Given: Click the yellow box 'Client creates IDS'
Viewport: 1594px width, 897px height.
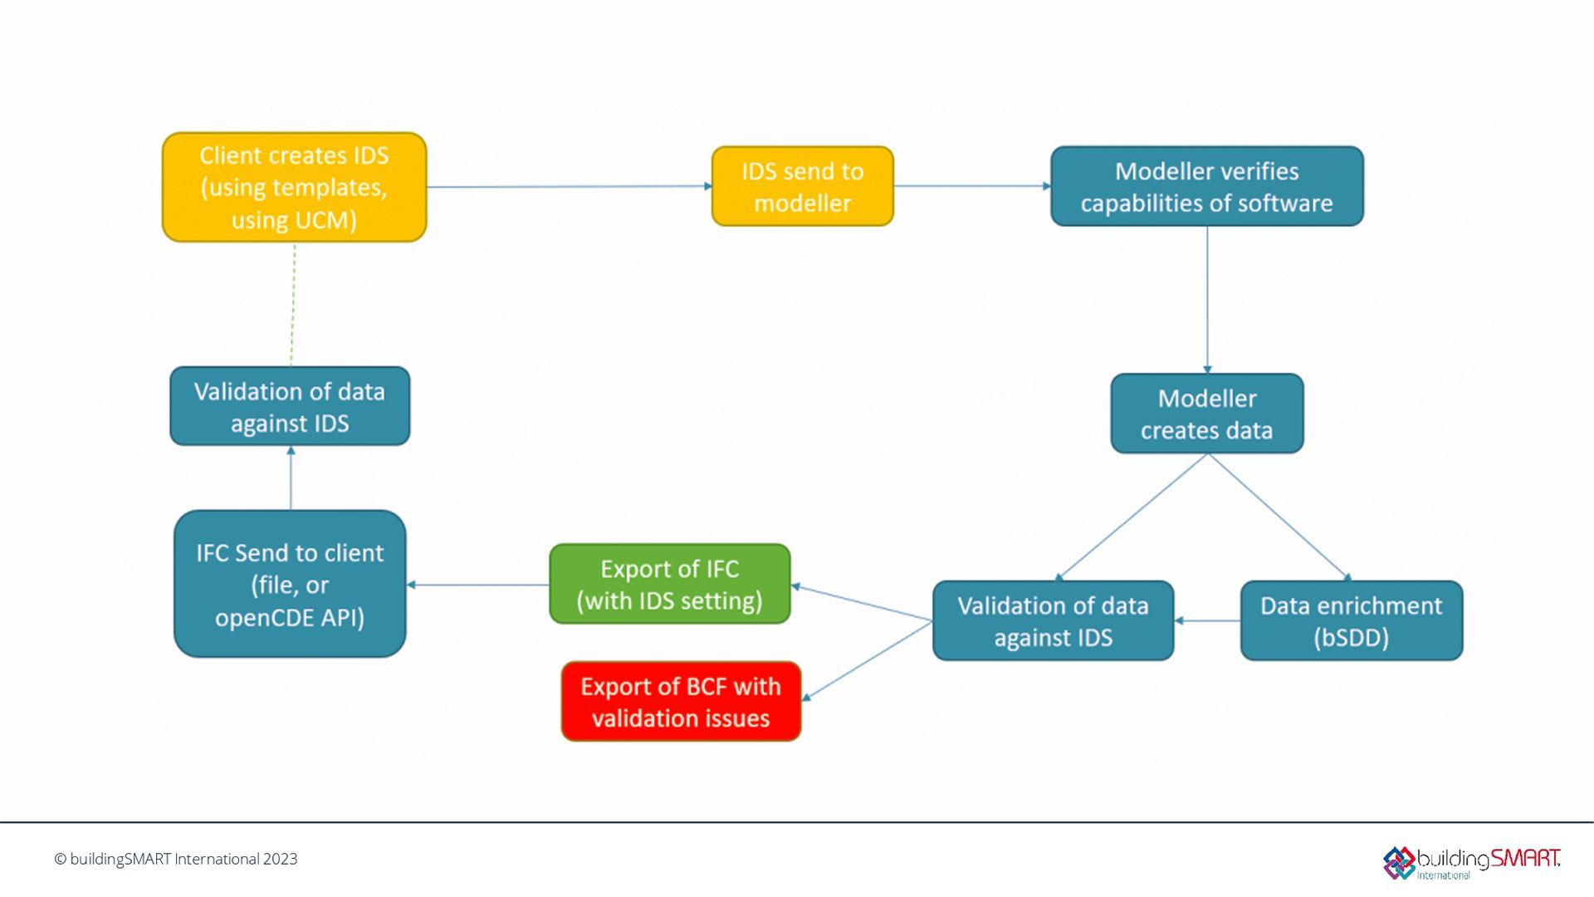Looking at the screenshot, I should click(294, 187).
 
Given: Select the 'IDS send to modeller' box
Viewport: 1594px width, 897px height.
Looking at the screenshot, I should click(802, 186).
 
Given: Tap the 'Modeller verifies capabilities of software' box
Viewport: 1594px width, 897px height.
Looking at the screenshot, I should click(1206, 186).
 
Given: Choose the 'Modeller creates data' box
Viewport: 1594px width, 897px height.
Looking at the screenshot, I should click(1206, 414).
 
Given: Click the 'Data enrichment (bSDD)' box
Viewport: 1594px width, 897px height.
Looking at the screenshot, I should click(1351, 620).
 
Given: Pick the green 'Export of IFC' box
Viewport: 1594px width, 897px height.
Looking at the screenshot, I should click(669, 584).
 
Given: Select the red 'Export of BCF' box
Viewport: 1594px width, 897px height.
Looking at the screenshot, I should click(681, 701).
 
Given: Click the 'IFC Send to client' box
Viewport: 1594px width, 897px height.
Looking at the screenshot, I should click(290, 584).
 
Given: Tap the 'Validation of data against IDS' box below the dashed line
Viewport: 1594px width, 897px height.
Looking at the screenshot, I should click(290, 406).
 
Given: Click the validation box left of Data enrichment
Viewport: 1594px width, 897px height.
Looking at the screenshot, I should click(1053, 620).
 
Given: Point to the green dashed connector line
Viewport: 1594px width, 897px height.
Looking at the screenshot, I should click(293, 304).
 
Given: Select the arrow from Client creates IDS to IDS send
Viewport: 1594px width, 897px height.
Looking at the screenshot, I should click(569, 187).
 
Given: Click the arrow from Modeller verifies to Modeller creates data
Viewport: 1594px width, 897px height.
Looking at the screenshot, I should click(1207, 299).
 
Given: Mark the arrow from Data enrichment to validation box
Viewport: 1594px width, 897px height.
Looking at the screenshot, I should click(1207, 620).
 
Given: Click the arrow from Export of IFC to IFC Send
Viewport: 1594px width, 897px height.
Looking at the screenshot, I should click(478, 585).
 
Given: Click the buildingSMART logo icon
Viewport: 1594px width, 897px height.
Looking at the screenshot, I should click(1399, 862).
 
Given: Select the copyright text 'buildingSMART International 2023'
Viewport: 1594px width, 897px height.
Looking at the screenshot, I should click(176, 859).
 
